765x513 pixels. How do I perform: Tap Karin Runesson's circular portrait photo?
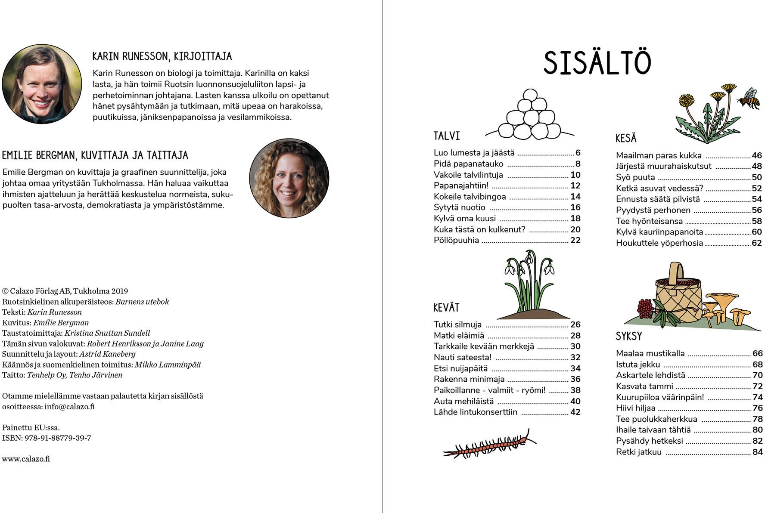pos(42,84)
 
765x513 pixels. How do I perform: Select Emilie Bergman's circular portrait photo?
pos(289,178)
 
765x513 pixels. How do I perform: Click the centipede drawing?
pos(490,445)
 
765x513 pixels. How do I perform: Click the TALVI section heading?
pos(447,136)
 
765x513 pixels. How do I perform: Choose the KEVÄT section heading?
pos(446,308)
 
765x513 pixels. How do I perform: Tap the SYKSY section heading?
pos(629,336)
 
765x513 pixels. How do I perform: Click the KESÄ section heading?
pos(626,139)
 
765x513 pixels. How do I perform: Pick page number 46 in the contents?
pos(756,156)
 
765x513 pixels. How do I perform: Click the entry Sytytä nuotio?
pos(460,207)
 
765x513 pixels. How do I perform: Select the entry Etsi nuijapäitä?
pos(460,368)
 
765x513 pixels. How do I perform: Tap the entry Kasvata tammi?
pos(644,386)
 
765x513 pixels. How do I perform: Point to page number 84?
pos(757,452)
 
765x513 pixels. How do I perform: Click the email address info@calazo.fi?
pos(69,407)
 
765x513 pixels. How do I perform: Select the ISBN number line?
pos(47,438)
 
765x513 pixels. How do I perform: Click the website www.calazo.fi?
pos(26,459)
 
